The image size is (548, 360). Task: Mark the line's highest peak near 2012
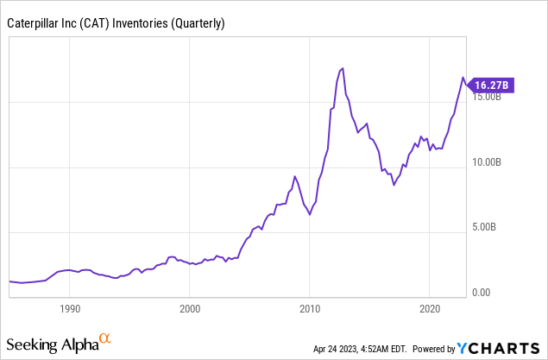tap(343, 68)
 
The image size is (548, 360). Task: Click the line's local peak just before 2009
tap(295, 176)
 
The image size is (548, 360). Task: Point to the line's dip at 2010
tap(310, 214)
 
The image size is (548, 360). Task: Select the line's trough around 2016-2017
tap(394, 185)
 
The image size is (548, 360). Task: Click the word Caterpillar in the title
tap(35, 24)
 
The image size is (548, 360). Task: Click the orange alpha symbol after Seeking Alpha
tap(105, 339)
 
